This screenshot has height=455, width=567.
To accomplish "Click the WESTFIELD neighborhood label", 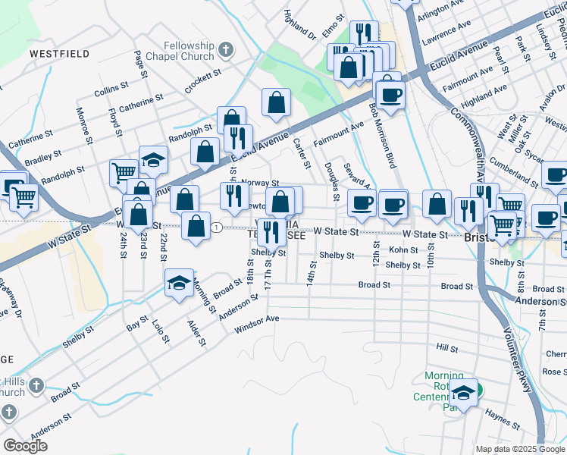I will click(59, 54).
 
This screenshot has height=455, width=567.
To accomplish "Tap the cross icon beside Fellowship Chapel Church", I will click(224, 51).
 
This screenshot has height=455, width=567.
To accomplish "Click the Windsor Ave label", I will click(257, 325).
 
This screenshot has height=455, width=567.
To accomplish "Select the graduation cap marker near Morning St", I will click(179, 284).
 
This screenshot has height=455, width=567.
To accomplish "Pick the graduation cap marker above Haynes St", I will click(464, 392).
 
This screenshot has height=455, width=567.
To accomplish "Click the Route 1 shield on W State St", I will click(217, 227).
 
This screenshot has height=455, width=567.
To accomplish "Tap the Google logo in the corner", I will click(25, 446).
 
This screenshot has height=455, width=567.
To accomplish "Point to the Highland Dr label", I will click(298, 24).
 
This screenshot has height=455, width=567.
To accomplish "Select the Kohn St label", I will click(403, 249).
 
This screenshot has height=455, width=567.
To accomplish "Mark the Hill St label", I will click(448, 348).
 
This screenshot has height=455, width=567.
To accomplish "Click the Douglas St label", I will click(331, 181).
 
